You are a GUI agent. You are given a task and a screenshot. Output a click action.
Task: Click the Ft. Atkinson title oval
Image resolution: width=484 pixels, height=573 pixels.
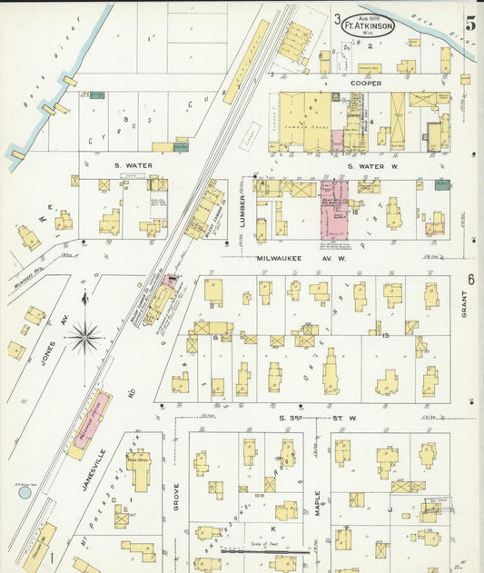click(x=362, y=26)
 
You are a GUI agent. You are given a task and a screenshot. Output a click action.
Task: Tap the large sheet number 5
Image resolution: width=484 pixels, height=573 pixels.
click(x=470, y=24)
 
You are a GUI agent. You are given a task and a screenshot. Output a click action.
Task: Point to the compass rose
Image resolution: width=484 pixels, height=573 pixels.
click(x=85, y=337)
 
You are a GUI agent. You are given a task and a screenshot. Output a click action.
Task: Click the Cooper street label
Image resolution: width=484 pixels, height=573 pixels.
click(x=368, y=83)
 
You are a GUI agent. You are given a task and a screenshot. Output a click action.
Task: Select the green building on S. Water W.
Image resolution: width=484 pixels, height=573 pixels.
click(x=442, y=185)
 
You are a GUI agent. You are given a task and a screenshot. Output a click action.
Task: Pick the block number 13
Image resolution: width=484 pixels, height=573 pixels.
click(x=386, y=336)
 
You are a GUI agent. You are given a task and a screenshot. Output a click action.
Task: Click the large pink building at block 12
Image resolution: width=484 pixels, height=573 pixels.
click(x=335, y=210)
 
